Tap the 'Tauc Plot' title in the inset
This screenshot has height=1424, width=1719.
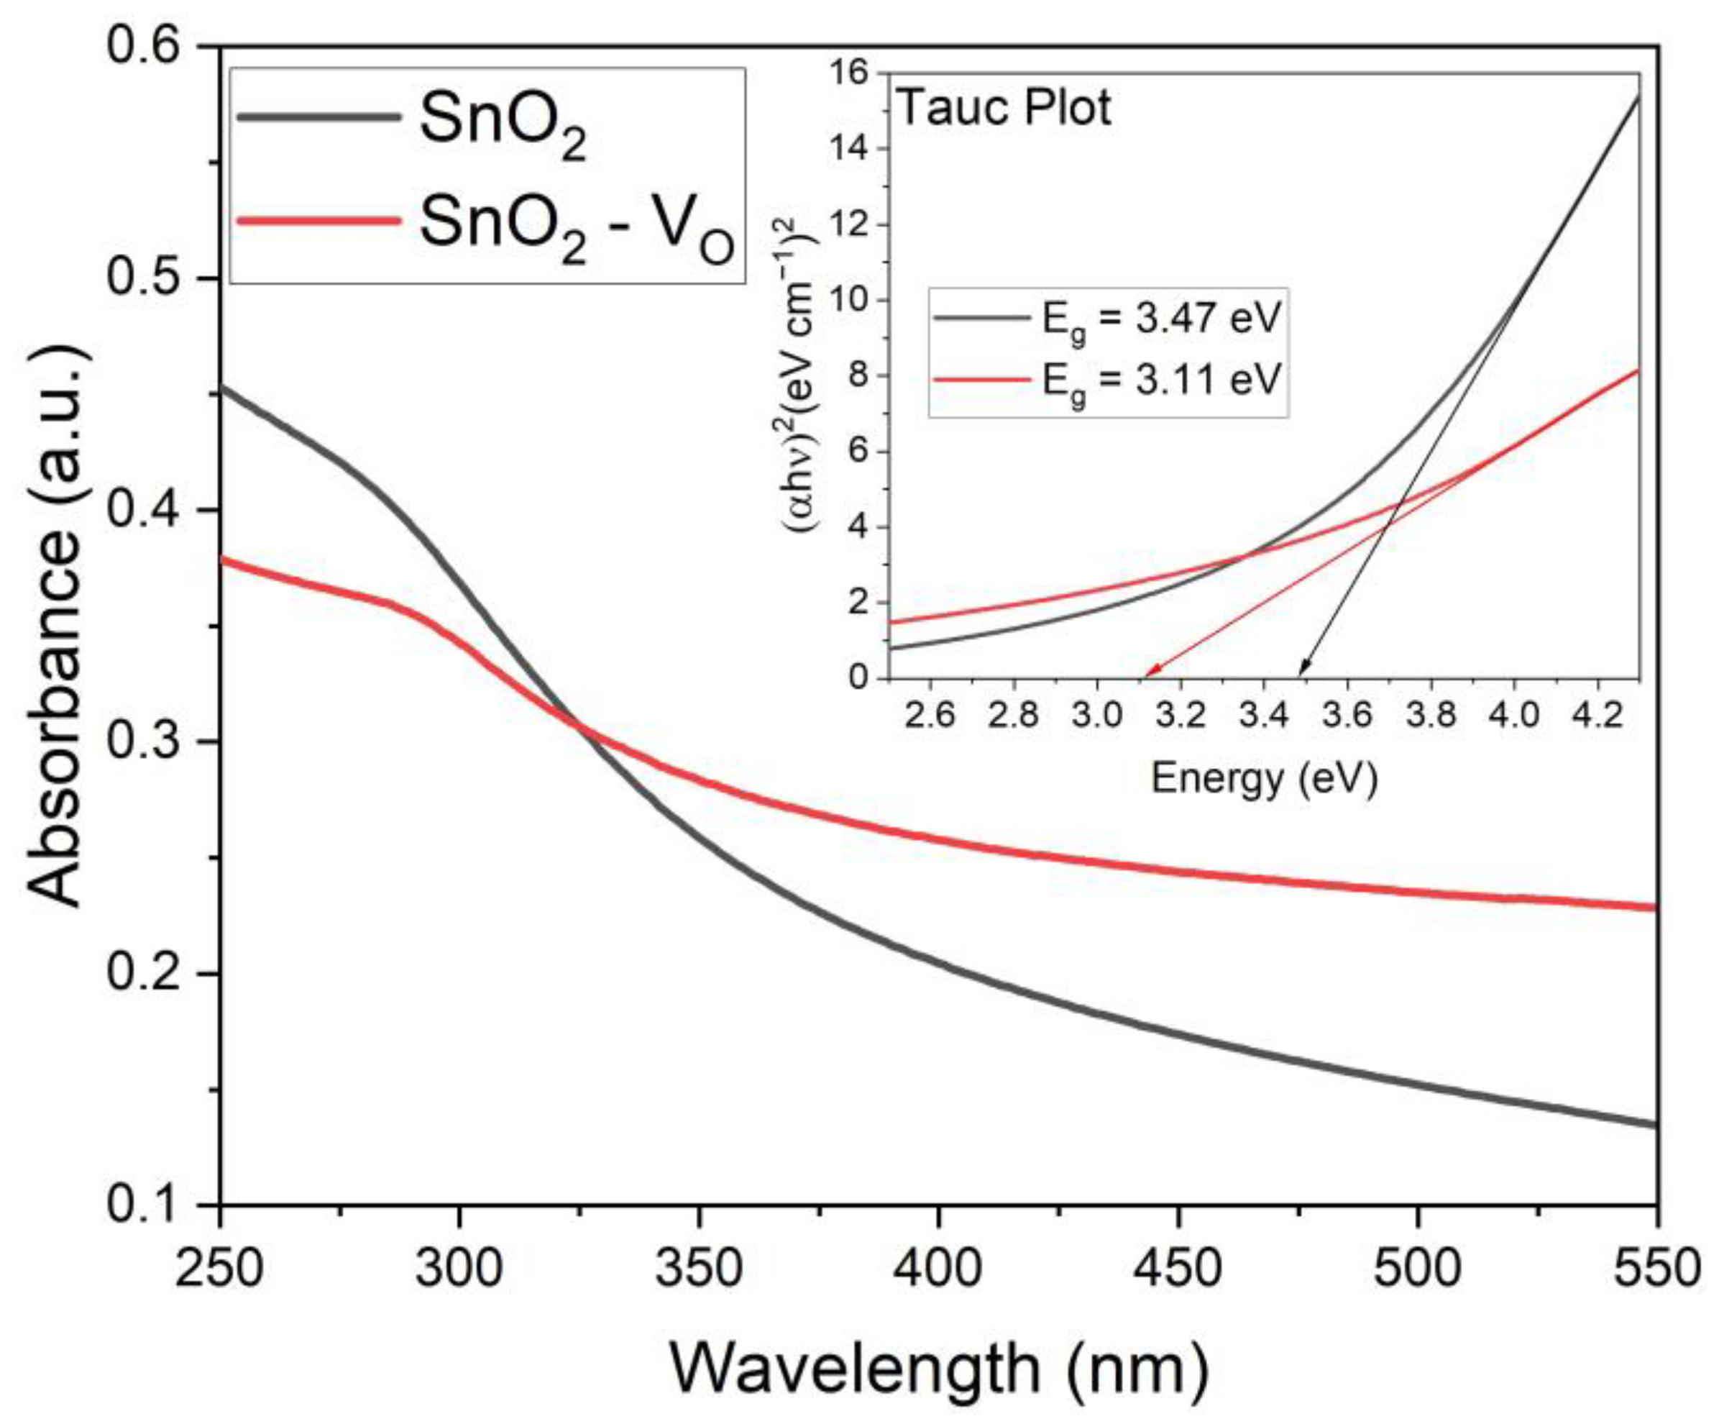[x=1004, y=108]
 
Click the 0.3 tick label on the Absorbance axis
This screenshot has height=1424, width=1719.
[x=143, y=743]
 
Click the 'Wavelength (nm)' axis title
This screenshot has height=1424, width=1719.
[x=939, y=1367]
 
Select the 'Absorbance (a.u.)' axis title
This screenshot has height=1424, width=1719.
[x=55, y=626]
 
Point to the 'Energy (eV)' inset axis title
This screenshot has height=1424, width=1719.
[x=1265, y=779]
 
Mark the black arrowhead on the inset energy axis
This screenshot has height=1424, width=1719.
[x=1301, y=672]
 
